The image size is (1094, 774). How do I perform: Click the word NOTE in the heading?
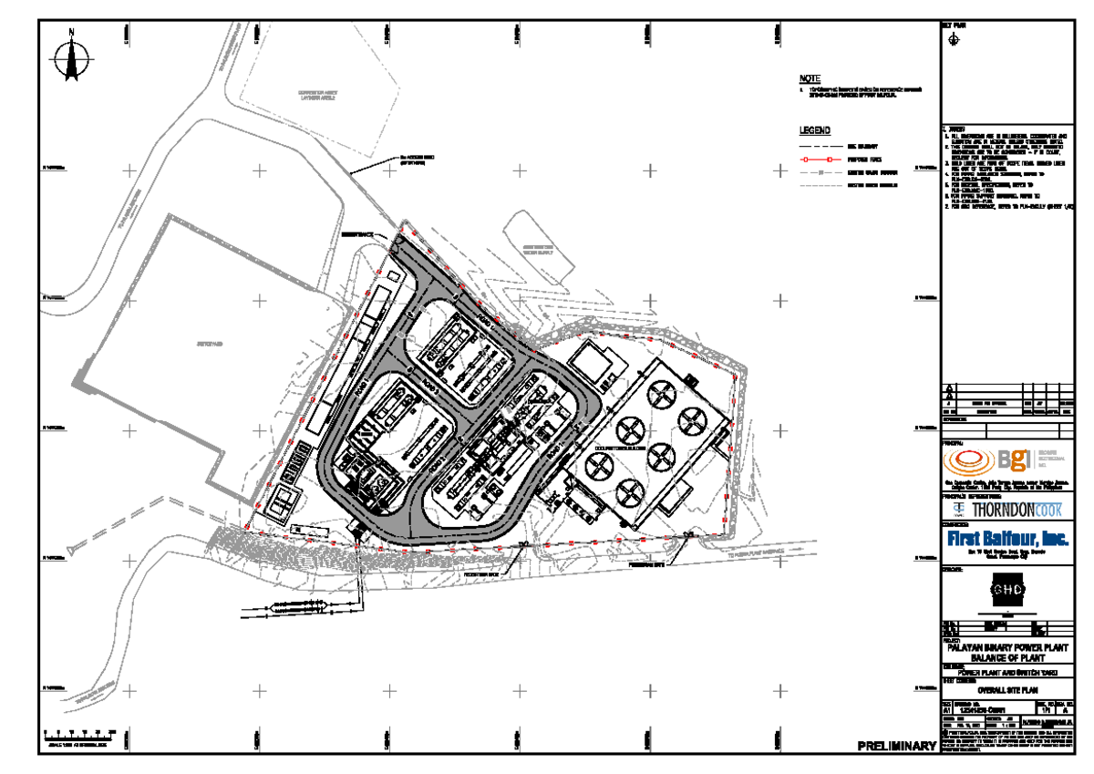pyautogui.click(x=810, y=79)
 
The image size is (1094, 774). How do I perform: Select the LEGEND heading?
pyautogui.click(x=814, y=131)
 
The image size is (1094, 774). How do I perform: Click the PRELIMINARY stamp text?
pyautogui.click(x=896, y=747)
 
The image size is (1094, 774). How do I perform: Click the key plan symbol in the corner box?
pyautogui.click(x=954, y=39)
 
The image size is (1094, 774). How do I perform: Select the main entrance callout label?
pyautogui.click(x=357, y=234)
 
